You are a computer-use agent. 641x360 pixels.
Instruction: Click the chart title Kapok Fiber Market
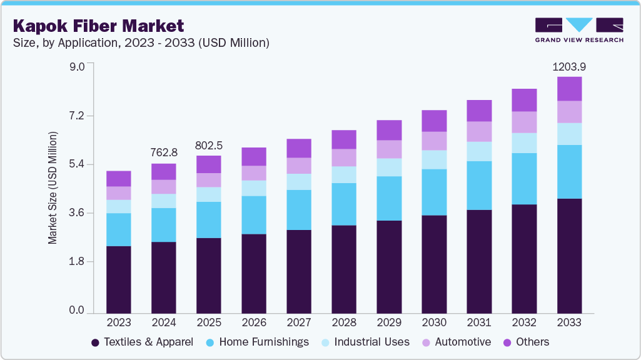pyautogui.click(x=99, y=26)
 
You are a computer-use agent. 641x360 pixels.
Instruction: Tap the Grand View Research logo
pyautogui.click(x=578, y=29)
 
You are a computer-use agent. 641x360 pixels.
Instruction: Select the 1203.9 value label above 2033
pyautogui.click(x=569, y=67)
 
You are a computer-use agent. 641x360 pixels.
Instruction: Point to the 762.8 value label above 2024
pyautogui.click(x=164, y=152)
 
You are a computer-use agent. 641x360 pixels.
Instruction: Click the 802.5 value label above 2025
pyautogui.click(x=209, y=145)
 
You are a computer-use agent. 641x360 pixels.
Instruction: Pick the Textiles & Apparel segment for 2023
pyautogui.click(x=119, y=279)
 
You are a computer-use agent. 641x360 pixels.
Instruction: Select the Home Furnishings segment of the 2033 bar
pyautogui.click(x=569, y=172)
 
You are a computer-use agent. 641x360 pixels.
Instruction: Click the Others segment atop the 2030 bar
pyautogui.click(x=434, y=121)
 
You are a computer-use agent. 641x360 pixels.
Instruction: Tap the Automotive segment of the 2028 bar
pyautogui.click(x=344, y=157)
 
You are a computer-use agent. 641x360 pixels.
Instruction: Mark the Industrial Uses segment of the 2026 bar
pyautogui.click(x=254, y=188)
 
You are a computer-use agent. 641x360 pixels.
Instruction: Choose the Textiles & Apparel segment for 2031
pyautogui.click(x=479, y=261)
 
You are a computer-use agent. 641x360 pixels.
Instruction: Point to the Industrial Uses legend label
pyautogui.click(x=371, y=342)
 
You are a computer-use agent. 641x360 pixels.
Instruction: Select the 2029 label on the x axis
pyautogui.click(x=389, y=322)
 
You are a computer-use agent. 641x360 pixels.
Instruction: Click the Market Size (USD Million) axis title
pyautogui.click(x=53, y=188)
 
